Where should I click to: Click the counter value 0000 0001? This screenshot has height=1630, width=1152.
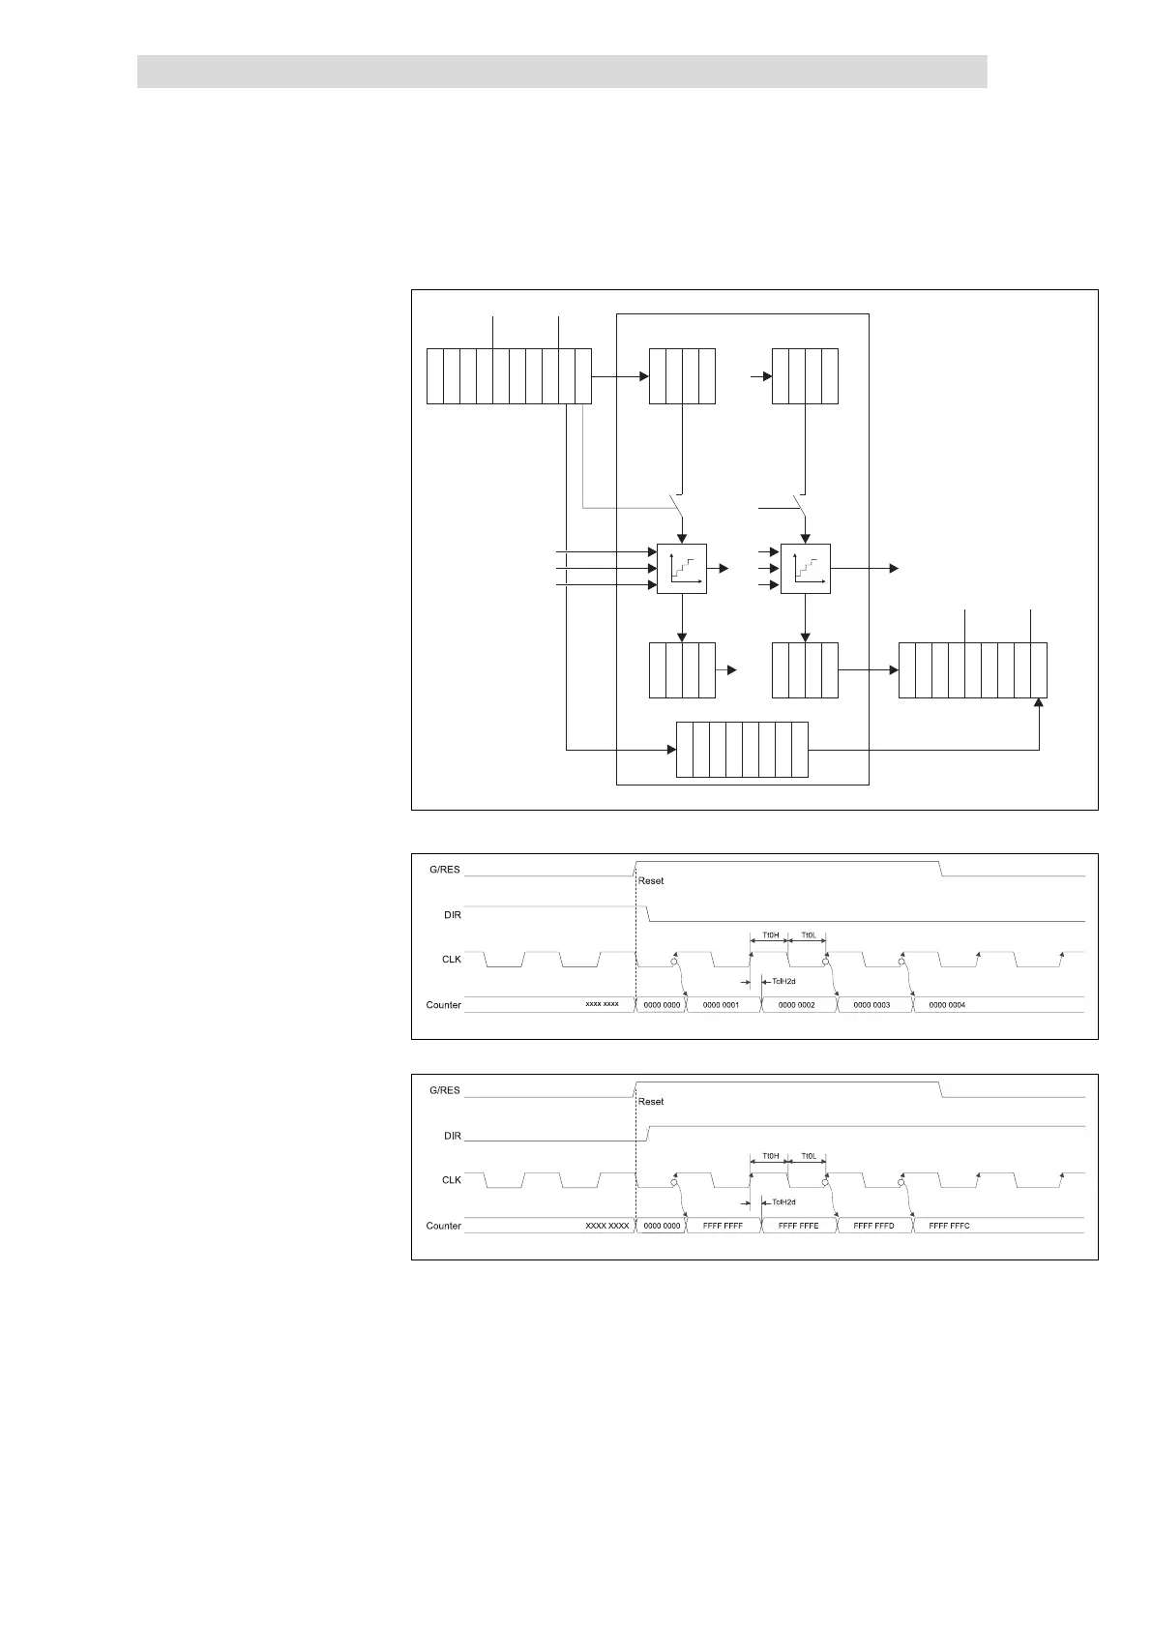point(721,1005)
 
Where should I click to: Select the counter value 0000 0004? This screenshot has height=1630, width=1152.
point(947,1005)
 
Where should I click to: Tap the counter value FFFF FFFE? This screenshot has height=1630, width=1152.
point(798,1226)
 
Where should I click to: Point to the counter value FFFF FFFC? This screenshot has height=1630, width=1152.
point(949,1226)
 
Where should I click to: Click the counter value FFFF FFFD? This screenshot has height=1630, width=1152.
point(873,1226)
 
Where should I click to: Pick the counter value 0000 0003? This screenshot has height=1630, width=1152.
point(871,1005)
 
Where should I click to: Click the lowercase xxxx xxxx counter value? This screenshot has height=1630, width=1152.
point(602,1004)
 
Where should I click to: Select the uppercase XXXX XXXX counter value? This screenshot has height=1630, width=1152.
point(607,1226)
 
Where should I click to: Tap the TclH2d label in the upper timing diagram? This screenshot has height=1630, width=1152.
point(783,982)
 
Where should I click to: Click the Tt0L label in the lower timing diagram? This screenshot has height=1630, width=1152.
point(809,1156)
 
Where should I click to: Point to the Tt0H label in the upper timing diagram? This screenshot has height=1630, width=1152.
point(770,935)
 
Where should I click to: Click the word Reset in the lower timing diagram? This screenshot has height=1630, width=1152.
point(651,1102)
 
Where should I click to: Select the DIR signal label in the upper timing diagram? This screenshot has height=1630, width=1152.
point(452,914)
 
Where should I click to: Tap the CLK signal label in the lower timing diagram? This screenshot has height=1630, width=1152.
point(452,1180)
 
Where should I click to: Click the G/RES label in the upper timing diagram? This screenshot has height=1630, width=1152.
point(445,870)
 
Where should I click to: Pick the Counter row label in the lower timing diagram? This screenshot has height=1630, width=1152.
point(444,1226)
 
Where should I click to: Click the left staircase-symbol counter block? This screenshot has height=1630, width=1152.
point(682,569)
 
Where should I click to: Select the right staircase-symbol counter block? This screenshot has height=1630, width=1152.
point(806,569)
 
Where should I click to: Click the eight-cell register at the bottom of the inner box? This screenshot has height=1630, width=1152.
point(742,750)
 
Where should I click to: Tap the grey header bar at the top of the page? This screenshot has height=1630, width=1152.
point(562,72)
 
